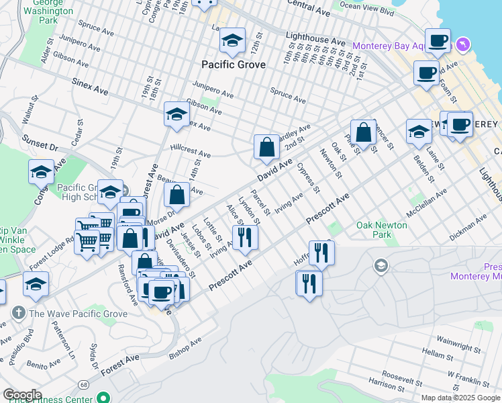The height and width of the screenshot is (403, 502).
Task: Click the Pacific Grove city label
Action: tap(234, 65)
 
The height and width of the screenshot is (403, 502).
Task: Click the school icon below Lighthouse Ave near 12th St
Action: tap(232, 42)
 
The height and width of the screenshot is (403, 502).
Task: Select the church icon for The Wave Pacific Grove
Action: tap(18, 313)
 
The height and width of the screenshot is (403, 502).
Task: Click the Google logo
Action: tap(21, 395)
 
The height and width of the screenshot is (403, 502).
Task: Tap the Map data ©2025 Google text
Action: tap(460, 398)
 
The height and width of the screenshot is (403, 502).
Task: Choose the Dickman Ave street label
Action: tap(468, 228)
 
